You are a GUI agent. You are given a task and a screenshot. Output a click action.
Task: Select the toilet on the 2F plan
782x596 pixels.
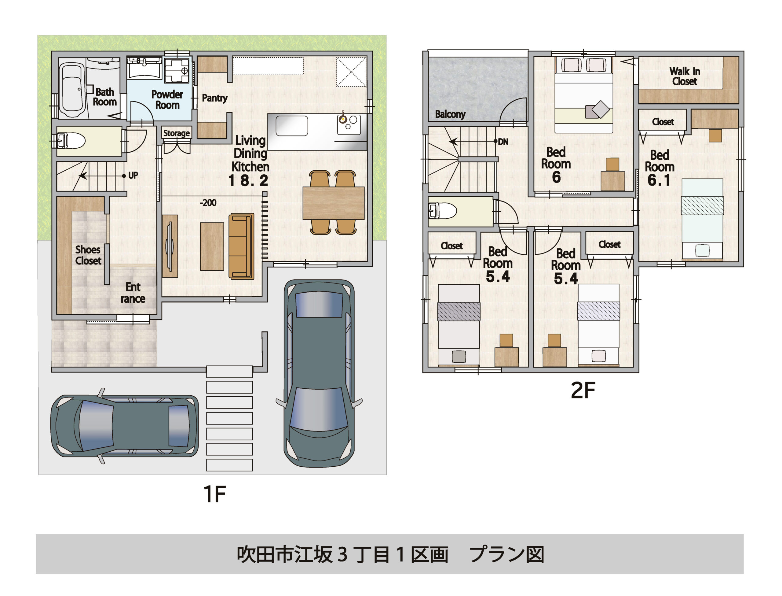(443, 211)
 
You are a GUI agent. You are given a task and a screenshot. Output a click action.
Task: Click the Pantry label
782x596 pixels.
(214, 98)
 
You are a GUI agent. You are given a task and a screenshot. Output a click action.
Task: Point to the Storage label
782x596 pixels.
(177, 133)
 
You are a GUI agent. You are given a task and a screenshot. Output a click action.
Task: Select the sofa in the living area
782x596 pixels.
(241, 246)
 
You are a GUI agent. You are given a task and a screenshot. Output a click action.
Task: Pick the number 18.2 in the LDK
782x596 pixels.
(248, 181)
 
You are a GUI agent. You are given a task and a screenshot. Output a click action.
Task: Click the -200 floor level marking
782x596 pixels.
(208, 202)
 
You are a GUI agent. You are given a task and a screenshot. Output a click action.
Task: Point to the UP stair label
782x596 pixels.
(133, 175)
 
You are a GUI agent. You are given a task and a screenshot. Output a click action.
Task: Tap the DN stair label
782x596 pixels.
(503, 142)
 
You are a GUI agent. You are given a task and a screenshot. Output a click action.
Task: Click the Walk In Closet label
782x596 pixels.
(684, 76)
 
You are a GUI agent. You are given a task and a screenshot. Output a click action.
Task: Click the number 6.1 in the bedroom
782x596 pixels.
(659, 180)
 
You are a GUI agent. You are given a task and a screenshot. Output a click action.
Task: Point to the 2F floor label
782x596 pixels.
(583, 390)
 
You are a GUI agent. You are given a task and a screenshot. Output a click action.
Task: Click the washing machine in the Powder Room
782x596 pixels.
(177, 70)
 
